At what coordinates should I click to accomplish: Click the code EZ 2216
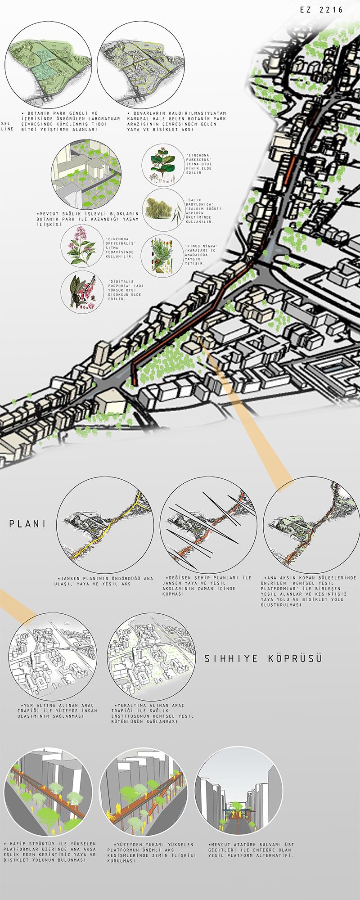click(321, 9)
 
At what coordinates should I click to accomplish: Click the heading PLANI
click(27, 524)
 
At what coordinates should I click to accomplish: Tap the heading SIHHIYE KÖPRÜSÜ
click(263, 659)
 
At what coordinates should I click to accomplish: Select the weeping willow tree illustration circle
click(163, 210)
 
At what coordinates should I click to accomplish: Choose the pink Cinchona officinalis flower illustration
click(82, 247)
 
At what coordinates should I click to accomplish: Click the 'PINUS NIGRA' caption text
click(201, 255)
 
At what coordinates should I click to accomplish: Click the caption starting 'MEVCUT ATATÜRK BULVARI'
click(251, 850)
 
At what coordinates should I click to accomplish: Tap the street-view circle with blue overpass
click(238, 791)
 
